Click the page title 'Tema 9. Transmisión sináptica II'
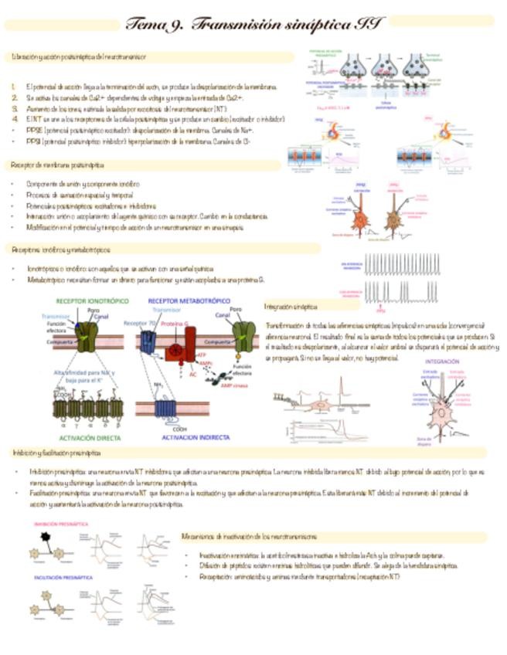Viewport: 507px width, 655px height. [255, 23]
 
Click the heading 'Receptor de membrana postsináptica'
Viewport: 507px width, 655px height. [59, 165]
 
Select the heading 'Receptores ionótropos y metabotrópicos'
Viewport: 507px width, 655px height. [61, 249]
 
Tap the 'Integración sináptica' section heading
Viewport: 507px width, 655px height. [295, 307]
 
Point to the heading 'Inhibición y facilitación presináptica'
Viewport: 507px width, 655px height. [56, 453]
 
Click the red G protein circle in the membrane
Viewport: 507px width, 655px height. [177, 350]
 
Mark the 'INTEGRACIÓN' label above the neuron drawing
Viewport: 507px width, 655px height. [443, 361]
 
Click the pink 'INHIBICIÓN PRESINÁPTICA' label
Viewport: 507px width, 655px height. [60, 524]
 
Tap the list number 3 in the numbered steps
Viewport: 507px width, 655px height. [15, 109]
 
